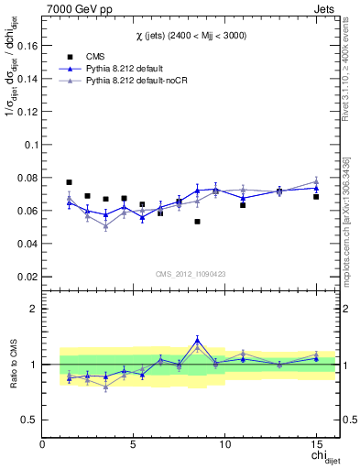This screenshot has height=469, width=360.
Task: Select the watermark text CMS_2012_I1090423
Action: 190,273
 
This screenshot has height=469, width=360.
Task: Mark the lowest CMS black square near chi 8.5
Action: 197,222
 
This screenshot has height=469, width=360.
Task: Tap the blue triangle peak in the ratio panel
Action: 197,340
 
